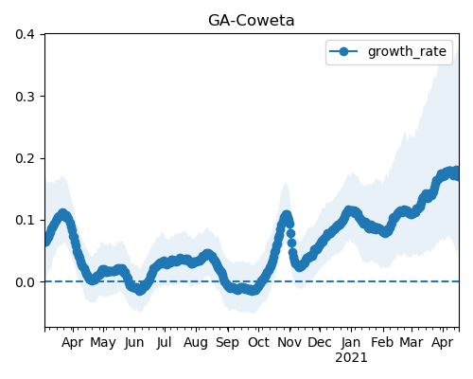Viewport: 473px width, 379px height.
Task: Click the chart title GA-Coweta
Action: [252, 21]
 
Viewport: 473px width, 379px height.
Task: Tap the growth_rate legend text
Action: [407, 51]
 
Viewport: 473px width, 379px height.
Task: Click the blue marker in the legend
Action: [343, 51]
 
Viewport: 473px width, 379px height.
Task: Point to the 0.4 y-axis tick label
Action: [25, 34]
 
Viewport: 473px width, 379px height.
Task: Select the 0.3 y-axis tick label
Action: [25, 97]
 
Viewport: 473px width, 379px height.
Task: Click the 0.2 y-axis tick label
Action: [25, 158]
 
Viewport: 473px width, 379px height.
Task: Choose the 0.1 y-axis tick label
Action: [25, 220]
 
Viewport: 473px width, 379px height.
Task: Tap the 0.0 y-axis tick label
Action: [25, 282]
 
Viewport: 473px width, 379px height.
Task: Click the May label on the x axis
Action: [103, 343]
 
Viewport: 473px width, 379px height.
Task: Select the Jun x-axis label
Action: [134, 343]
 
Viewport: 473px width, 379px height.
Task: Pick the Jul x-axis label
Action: [165, 343]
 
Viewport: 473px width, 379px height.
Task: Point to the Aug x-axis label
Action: [196, 343]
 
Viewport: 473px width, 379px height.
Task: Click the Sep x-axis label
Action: [227, 343]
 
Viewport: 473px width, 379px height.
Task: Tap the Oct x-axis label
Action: [258, 342]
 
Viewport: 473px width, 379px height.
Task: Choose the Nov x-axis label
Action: [289, 342]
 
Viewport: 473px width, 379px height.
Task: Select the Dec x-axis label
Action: [320, 342]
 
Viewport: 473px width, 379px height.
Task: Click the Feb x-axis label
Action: [382, 342]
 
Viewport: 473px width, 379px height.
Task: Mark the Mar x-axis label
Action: [412, 342]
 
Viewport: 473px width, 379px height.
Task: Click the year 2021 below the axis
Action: [351, 358]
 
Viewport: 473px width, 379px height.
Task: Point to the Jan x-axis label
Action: [351, 342]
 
